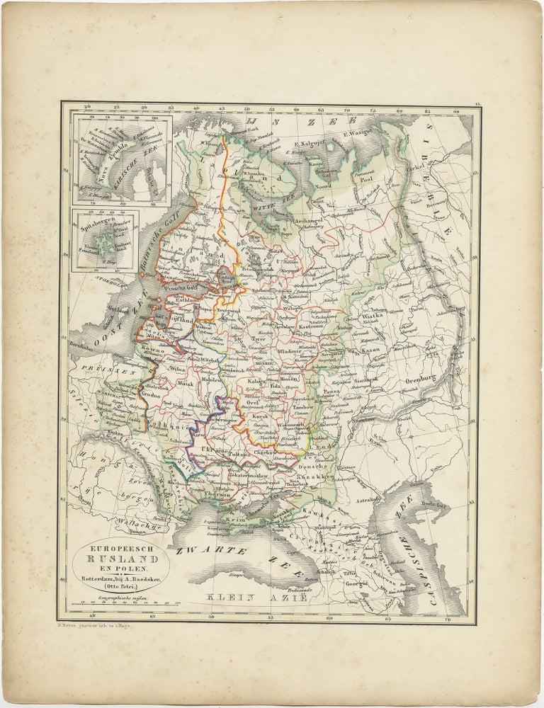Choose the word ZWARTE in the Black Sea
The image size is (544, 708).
coord(205,549)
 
